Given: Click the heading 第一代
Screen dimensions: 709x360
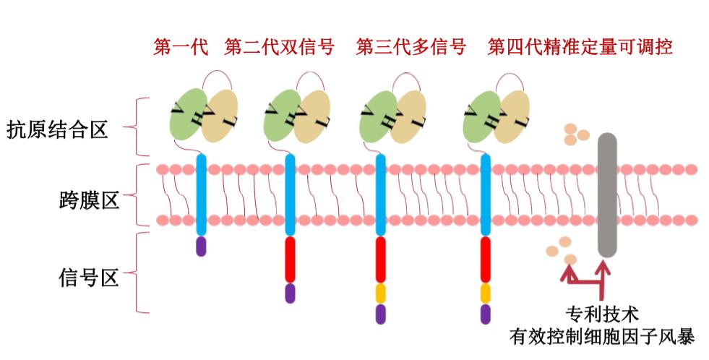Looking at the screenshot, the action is tap(181, 47).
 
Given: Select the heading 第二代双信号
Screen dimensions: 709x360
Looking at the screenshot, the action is tap(279, 47).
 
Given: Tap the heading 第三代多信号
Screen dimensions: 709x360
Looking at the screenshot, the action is tap(411, 47).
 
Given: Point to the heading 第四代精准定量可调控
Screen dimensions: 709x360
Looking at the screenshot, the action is tap(580, 47).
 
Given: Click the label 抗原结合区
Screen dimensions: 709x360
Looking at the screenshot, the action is tap(57, 129).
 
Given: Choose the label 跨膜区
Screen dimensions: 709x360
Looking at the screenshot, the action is tap(89, 200).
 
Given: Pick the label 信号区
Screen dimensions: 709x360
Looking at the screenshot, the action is tap(89, 277).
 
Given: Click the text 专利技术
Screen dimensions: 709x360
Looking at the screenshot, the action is tap(602, 314).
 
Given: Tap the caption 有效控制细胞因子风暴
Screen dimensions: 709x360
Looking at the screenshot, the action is tap(602, 336).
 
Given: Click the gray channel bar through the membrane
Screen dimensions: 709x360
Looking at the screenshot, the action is tap(607, 195).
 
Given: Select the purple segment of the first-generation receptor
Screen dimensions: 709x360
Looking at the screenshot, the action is tap(201, 246).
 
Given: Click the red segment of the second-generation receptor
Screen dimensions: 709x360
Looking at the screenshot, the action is tap(291, 260).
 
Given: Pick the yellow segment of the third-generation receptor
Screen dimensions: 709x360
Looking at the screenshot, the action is tap(381, 293).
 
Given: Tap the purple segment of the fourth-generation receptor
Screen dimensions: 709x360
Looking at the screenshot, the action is tap(486, 314).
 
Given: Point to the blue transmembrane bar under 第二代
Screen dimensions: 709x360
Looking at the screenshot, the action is tap(291, 195).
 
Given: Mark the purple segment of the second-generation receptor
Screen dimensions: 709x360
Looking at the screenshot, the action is tap(291, 293).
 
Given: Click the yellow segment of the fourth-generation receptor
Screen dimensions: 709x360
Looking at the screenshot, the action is tap(486, 293).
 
